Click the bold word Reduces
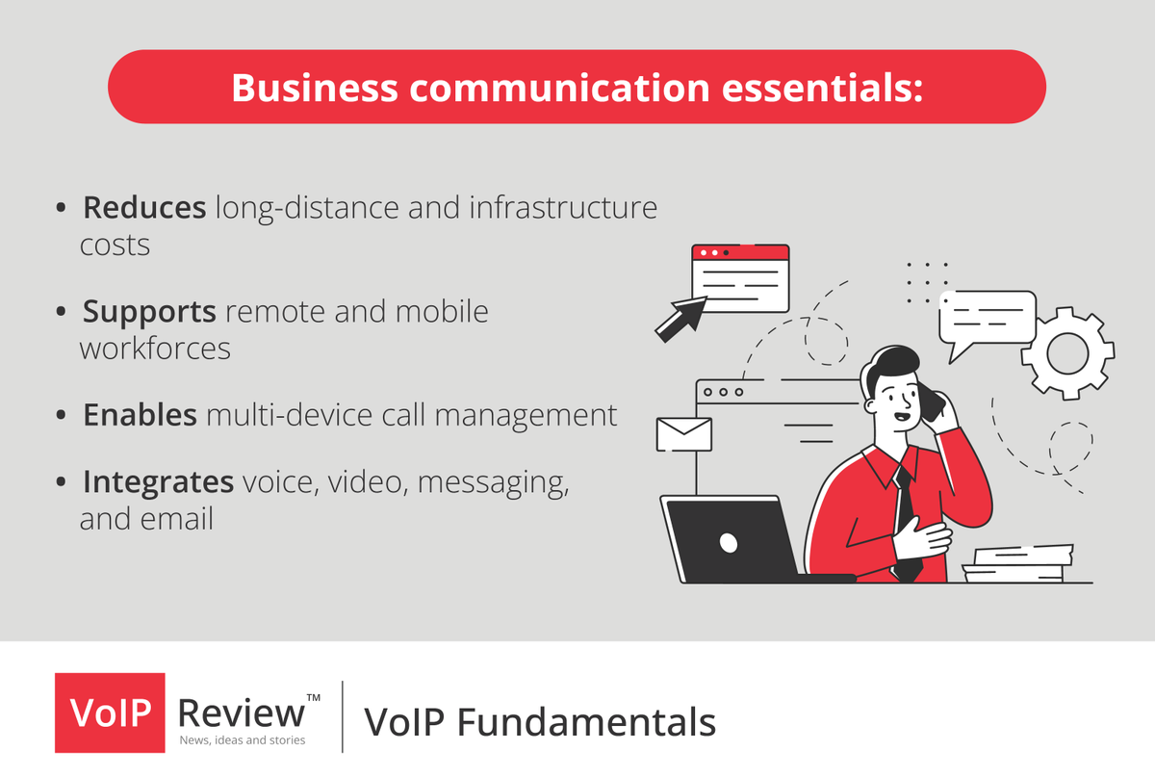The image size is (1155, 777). tap(144, 207)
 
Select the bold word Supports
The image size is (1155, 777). tap(149, 312)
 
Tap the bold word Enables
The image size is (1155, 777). tap(141, 415)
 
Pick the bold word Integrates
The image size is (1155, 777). tap(159, 480)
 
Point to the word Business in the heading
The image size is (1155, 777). tap(315, 87)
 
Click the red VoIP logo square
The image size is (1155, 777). tap(109, 712)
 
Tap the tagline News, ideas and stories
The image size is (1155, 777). tap(243, 739)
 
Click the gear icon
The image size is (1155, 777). tap(1066, 353)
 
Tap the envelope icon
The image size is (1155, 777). tap(683, 434)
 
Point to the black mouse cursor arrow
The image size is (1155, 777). tap(679, 319)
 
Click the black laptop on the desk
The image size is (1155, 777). tap(730, 539)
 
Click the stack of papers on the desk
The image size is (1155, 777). tap(1018, 563)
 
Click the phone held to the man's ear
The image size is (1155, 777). tap(932, 402)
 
